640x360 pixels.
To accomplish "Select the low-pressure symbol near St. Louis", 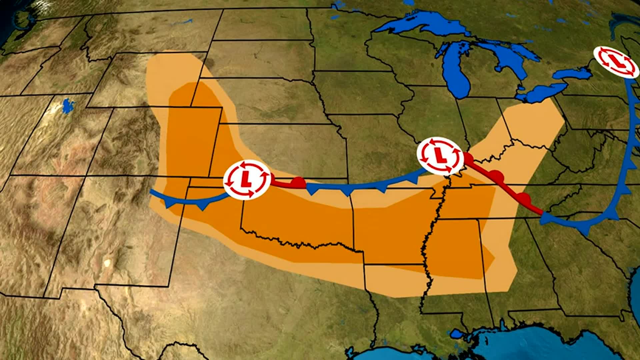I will point(440,156).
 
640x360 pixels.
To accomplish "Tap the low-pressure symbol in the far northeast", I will point(616,62).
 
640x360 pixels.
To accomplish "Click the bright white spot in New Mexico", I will point(107,263).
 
